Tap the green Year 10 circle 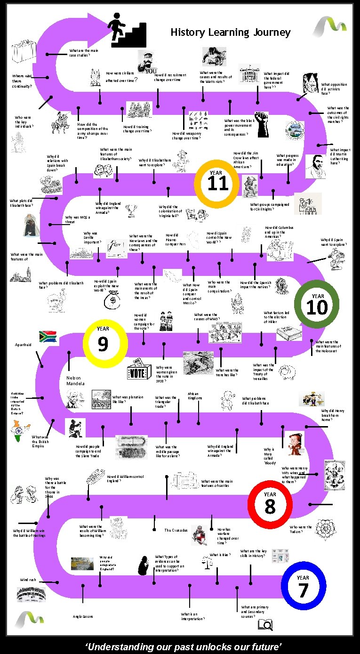317,305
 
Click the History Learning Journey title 230,32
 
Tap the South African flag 48,336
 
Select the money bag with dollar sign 113,298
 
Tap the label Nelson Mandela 74,381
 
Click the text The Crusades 176,530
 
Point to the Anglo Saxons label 83,616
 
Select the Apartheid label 23,345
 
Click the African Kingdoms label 194,396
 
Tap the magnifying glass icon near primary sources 265,624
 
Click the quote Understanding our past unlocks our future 183,646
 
